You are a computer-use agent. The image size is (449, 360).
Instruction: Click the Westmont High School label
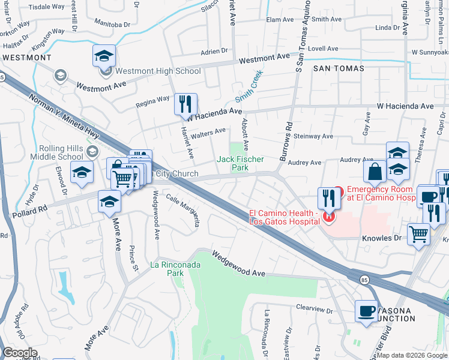[x=158, y=71]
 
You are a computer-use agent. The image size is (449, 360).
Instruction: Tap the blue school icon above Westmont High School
[x=104, y=57]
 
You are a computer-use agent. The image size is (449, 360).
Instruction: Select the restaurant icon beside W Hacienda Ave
[x=185, y=104]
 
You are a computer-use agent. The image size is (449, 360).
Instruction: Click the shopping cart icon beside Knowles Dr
[x=418, y=235]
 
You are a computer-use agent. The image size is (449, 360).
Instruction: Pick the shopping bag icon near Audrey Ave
[x=375, y=172]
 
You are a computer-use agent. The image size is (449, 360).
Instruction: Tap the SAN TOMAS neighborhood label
[x=339, y=68]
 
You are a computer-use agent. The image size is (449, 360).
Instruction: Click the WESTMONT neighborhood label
[x=26, y=58]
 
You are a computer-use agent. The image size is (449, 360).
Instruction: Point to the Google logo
[x=20, y=353]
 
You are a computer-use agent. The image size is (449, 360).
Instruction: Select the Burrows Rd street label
[x=286, y=136]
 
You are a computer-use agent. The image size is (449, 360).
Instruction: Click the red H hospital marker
[x=328, y=217]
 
